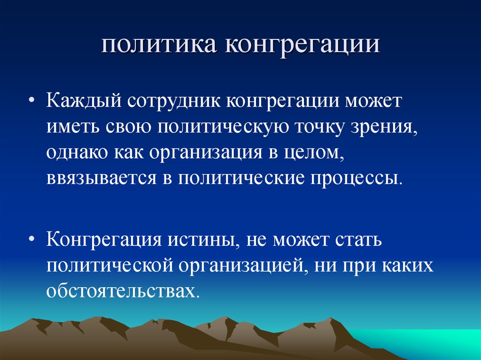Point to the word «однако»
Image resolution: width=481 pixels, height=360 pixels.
[x=76, y=153]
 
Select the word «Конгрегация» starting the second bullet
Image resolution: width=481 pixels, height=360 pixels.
[x=102, y=240]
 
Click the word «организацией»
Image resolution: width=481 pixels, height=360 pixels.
[x=240, y=266]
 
